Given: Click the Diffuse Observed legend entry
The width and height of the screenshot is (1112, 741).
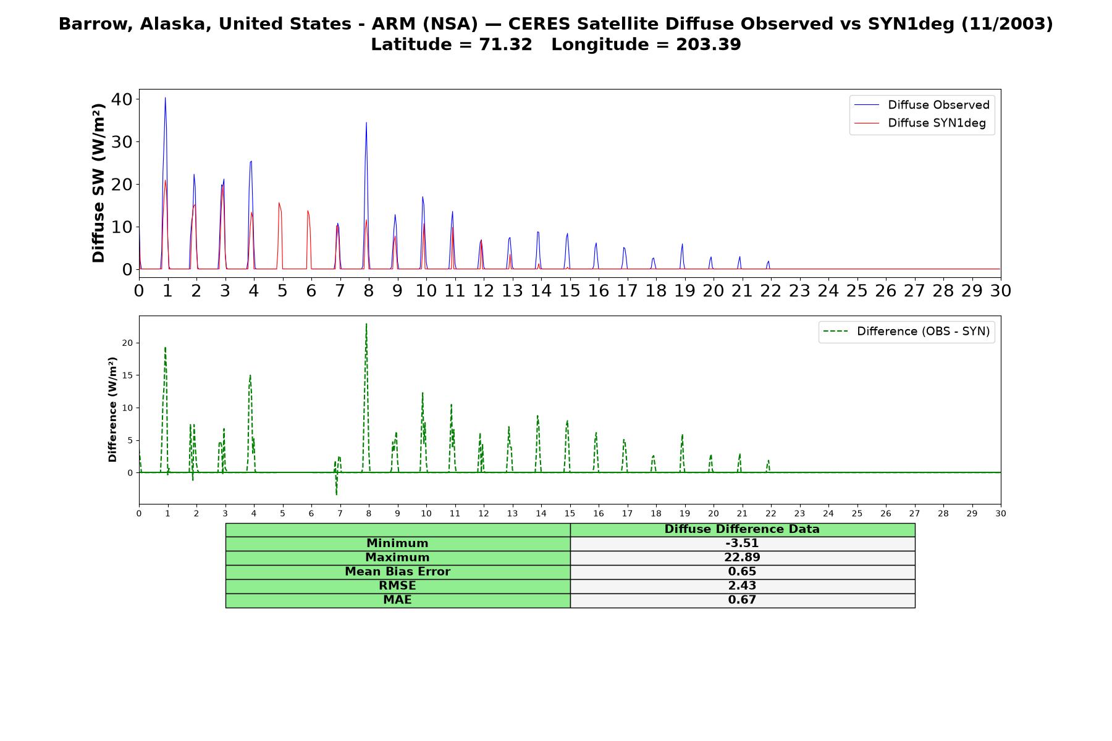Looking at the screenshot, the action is tap(922, 105).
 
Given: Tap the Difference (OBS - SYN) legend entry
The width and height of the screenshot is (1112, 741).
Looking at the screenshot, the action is tap(906, 332).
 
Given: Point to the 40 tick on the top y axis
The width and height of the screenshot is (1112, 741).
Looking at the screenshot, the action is tap(121, 99).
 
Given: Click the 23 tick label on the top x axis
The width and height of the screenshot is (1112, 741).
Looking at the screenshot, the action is tap(799, 291).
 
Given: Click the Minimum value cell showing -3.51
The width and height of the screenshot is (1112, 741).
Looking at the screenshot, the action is tap(742, 543).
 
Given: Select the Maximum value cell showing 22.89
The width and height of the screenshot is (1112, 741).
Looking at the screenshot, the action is tap(742, 558).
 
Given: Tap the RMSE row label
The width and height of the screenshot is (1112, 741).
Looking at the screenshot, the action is tap(397, 586).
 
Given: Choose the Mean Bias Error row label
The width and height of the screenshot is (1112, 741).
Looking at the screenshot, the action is tap(397, 572).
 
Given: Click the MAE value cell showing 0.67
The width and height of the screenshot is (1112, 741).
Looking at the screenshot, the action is tap(742, 600).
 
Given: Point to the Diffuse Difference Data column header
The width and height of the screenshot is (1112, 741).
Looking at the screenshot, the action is tap(742, 529).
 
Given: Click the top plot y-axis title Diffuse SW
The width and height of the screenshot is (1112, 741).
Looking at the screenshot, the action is tap(99, 183).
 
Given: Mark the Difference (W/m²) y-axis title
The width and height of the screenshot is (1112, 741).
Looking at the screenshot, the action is tap(112, 409).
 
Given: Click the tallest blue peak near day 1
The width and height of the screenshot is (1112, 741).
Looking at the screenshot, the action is tap(165, 98).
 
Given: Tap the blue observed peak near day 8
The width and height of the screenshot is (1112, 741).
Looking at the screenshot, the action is tap(366, 122).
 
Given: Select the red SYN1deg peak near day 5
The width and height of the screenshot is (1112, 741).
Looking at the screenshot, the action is tap(279, 203).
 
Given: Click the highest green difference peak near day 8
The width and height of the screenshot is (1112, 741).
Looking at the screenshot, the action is tap(366, 324).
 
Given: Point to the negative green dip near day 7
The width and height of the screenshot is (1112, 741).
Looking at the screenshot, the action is tap(337, 495).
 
